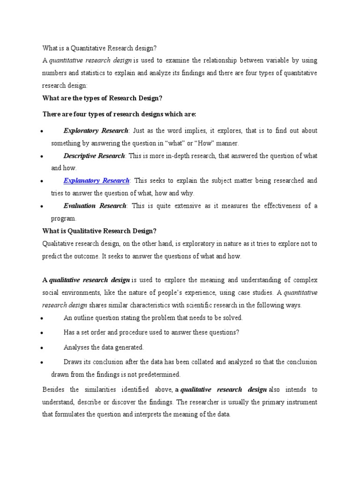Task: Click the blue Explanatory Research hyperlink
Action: [x=97, y=180]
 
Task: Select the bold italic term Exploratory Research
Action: [x=95, y=130]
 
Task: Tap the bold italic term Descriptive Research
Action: [x=94, y=156]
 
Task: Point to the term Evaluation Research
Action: [x=95, y=206]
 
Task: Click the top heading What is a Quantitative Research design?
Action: [x=100, y=48]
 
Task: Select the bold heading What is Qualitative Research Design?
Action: [x=99, y=231]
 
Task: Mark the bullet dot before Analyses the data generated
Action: [x=42, y=348]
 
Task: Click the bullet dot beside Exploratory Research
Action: [x=42, y=131]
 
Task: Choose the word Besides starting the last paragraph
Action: [x=54, y=390]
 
